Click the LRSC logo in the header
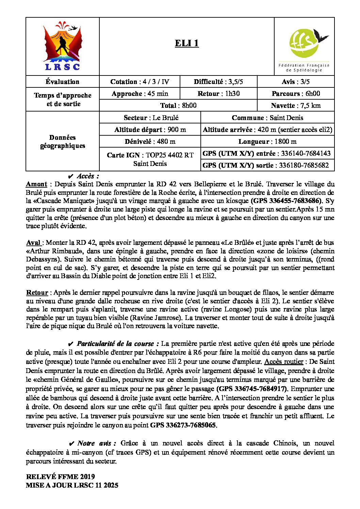pos(63,47)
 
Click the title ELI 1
pos(186,43)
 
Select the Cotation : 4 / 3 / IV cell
pos(140,82)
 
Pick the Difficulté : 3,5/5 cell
pos(218,82)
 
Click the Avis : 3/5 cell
pos(295,82)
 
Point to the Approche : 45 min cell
pos(140,94)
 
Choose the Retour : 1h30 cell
pos(218,94)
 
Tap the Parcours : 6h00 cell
pos(295,94)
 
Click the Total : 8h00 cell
pos(178,105)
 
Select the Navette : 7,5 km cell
pos(295,105)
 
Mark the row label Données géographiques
pos(63,141)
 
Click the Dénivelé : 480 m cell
pos(150,141)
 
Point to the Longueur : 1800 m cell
pos(267,141)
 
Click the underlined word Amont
pos(36,184)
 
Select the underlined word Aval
pos(33,243)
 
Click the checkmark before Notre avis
pos(71,444)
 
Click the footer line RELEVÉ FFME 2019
pos(60,477)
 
